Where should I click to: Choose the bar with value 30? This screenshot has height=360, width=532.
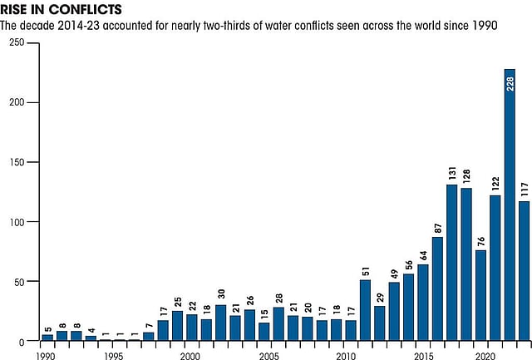pos(220,323)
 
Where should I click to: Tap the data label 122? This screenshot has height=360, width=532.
pos(495,180)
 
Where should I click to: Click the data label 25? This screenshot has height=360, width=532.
pos(177,300)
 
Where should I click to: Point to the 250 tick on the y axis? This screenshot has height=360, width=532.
pos(16,42)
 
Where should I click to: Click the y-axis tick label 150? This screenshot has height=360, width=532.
pos(16,162)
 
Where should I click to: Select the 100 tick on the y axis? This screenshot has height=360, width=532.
pos(16,222)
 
